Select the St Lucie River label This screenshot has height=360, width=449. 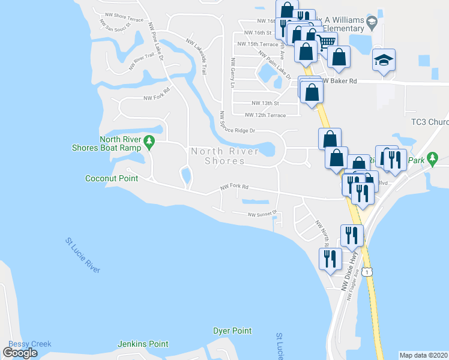tap(82, 256)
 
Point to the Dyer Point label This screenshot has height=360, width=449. tap(232, 331)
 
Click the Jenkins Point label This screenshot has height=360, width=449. tap(143, 344)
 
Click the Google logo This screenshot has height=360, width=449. tap(20, 353)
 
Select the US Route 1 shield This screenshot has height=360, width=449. tap(367, 272)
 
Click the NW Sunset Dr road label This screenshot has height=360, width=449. tap(262, 213)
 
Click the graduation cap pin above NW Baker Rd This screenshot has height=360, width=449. tap(384, 61)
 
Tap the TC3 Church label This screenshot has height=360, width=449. tap(429, 122)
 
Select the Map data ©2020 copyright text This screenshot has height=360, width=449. tap(423, 355)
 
